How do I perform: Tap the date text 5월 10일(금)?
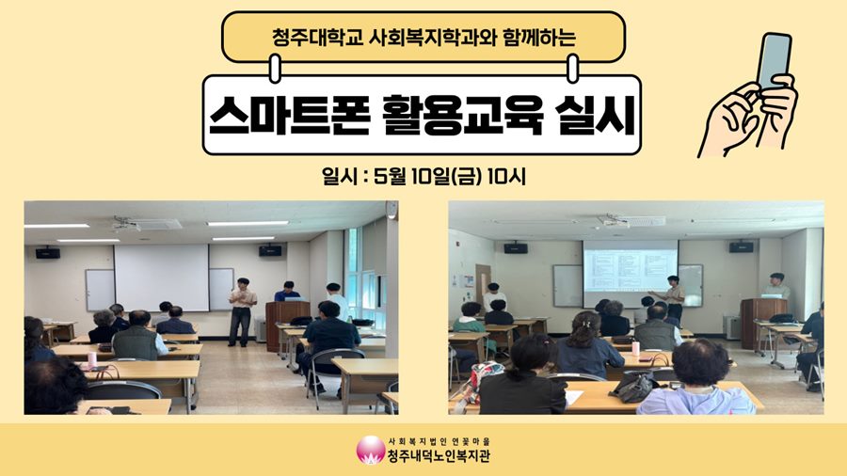coord(426,176)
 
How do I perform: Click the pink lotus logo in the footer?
coord(371,450)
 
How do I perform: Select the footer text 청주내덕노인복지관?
coord(439,456)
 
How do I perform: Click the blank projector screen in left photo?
coord(162,278)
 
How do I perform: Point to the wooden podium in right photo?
coord(762,322)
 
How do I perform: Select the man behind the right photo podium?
coord(775,287)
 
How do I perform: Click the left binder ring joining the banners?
coord(275,68)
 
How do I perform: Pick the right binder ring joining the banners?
coord(572,68)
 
